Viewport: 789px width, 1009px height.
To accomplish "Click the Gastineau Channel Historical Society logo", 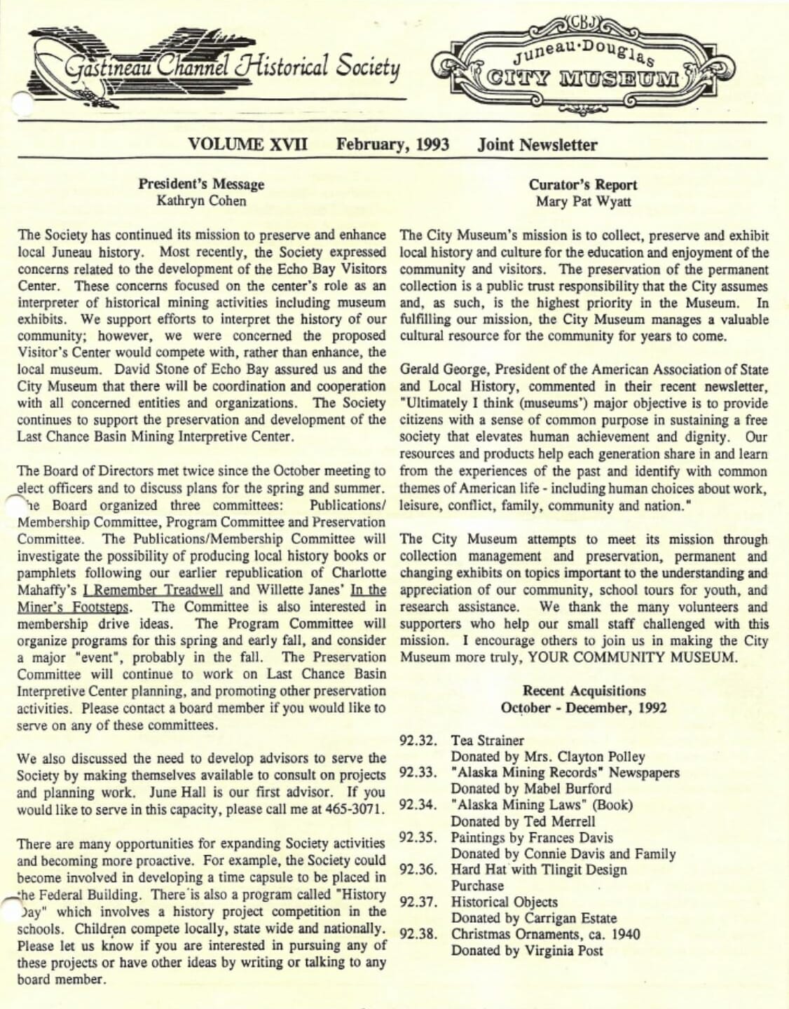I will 217,67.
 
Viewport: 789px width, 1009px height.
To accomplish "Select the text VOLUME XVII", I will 247,145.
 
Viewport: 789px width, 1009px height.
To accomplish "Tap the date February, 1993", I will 392,145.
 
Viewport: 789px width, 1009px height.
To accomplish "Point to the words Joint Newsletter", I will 537,145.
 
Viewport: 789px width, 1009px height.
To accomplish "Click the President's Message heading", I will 201,184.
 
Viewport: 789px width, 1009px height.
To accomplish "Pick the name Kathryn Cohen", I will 201,201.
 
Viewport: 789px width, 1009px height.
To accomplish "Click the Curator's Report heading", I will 583,185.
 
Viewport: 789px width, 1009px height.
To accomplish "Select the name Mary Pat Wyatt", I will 583,202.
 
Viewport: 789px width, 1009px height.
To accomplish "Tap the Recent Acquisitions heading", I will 584,691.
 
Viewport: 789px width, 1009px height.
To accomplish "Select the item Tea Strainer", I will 488,741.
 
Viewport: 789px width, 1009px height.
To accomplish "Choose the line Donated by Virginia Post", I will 527,951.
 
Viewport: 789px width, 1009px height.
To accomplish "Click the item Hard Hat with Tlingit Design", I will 539,870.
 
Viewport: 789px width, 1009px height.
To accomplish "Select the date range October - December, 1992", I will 584,708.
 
